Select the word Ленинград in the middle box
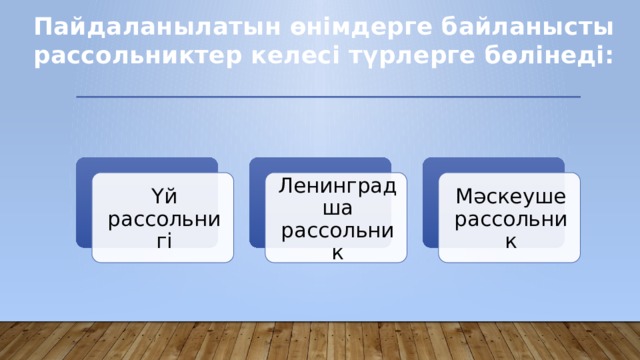tap(337, 186)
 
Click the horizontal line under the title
tap(328, 96)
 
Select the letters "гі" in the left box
tap(163, 240)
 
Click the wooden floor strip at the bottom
tap(320, 342)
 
